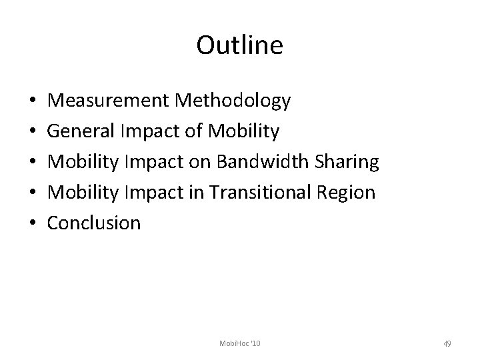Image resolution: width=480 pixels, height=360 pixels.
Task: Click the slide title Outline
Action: click(240, 45)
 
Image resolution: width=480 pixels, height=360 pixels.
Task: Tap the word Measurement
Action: click(109, 101)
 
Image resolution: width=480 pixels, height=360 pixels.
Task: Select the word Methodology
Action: click(233, 101)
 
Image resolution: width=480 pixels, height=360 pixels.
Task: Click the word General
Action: click(81, 131)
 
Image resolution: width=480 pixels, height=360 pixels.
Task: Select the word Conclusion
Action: click(95, 223)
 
